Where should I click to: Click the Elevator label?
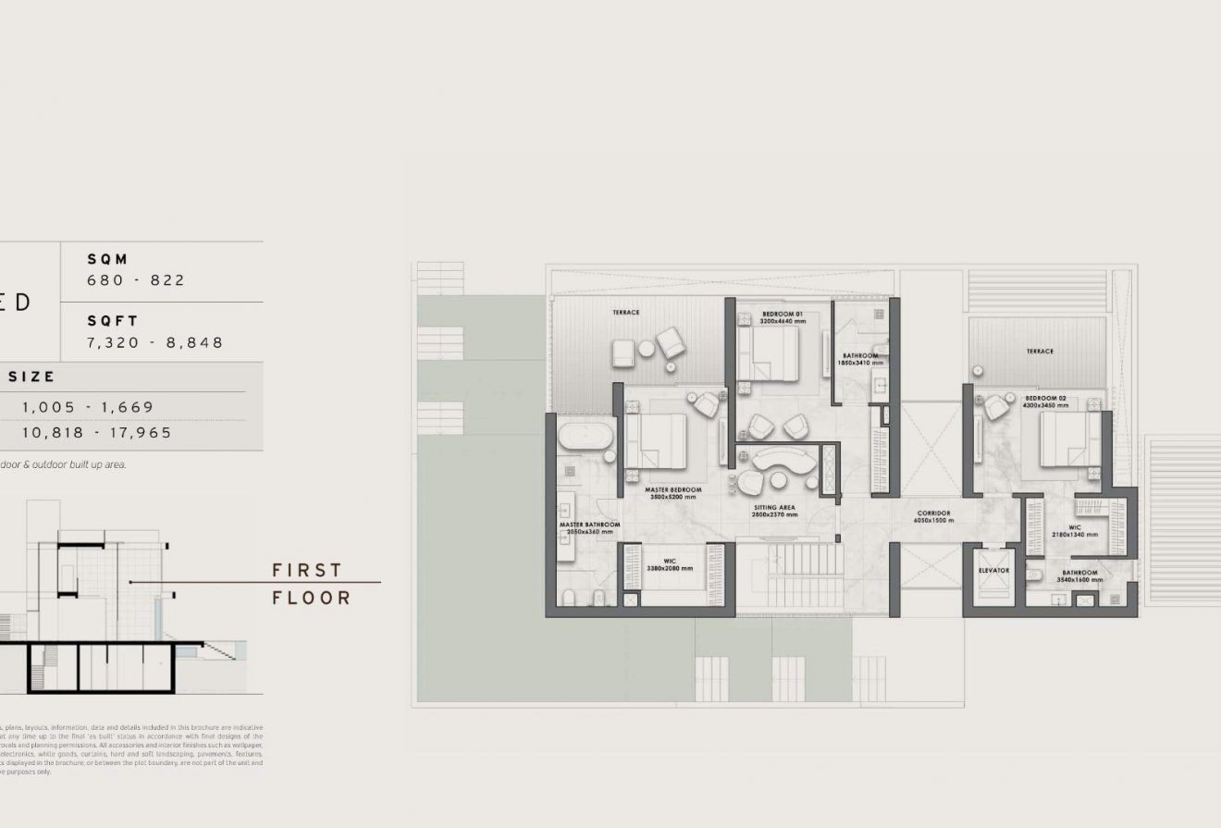[x=993, y=571]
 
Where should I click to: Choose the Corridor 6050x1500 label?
[x=933, y=516]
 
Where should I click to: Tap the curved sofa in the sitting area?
[x=782, y=459]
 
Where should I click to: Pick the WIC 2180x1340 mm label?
[x=1075, y=531]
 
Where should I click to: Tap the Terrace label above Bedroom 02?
[x=1039, y=352]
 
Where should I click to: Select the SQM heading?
[x=107, y=260]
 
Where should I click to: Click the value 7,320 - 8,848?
[x=154, y=342]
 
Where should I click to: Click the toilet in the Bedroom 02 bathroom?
[x=1039, y=579]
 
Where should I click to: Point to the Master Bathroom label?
[x=588, y=528]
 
